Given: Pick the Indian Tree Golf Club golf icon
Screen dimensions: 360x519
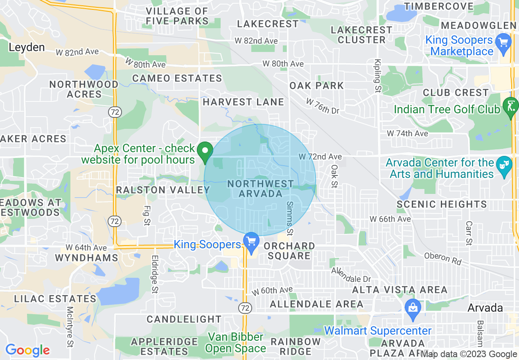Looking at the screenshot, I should click(x=510, y=106).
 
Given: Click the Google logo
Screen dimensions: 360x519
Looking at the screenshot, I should click(x=27, y=350).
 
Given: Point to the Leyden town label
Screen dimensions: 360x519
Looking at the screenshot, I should click(x=27, y=47).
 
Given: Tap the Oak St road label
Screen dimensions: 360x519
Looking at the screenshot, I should click(x=335, y=176).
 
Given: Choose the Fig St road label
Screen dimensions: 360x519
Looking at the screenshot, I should click(x=147, y=216).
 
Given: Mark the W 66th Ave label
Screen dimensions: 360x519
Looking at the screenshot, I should click(x=390, y=219).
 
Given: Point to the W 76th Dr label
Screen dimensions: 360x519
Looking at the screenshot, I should click(x=323, y=106).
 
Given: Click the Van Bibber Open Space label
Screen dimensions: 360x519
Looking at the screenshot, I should click(x=235, y=343).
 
